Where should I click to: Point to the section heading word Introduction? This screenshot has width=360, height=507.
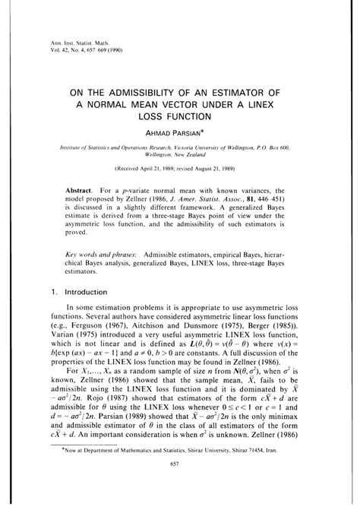94,290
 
